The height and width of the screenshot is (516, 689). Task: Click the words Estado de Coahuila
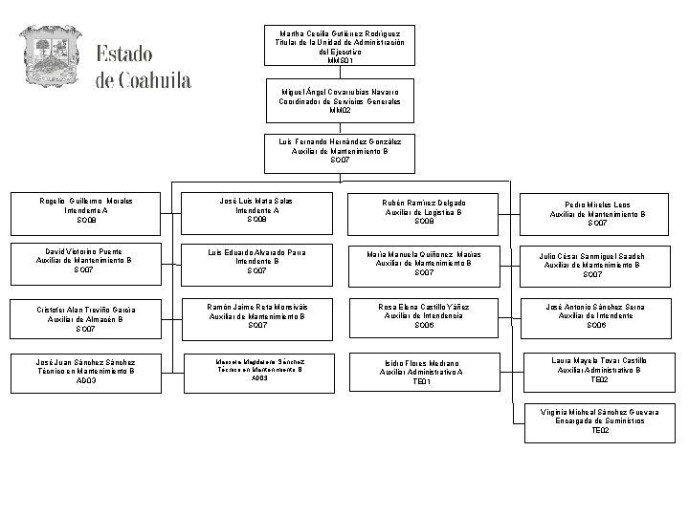pyautogui.click(x=143, y=65)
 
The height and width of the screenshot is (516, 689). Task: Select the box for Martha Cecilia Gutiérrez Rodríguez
pyautogui.click(x=340, y=46)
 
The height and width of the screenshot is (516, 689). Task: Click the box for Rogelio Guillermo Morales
pyautogui.click(x=86, y=209)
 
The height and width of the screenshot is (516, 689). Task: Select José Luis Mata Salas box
pyautogui.click(x=256, y=209)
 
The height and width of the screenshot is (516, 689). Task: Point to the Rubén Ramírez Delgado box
pyautogui.click(x=424, y=211)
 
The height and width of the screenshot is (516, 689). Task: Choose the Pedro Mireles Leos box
pyautogui.click(x=596, y=215)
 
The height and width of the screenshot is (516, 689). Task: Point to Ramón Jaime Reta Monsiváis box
pyautogui.click(x=256, y=315)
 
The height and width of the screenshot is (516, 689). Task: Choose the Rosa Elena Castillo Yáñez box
pyautogui.click(x=424, y=315)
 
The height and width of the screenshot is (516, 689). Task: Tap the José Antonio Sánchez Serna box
pyautogui.click(x=595, y=315)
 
